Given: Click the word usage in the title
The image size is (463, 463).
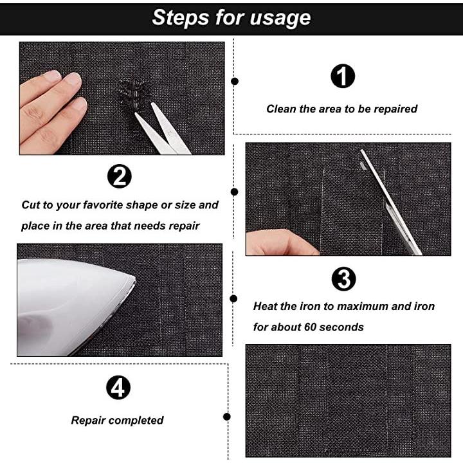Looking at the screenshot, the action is pos(280,18).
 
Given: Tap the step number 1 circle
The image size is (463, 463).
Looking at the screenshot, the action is pos(343,76).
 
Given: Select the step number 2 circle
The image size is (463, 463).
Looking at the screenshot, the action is pos(120,176).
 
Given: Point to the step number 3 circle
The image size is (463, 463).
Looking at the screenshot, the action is pos(343,278).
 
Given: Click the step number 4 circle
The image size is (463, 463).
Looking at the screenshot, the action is pos(118,387).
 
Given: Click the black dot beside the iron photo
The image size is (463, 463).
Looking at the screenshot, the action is pos(233,299).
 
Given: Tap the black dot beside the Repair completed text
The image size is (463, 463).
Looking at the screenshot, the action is pos(227,417).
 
